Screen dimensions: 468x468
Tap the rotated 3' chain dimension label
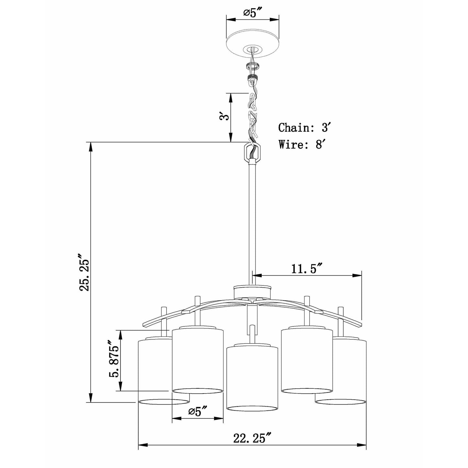[x=223, y=117]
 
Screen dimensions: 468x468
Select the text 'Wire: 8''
[x=301, y=144]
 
